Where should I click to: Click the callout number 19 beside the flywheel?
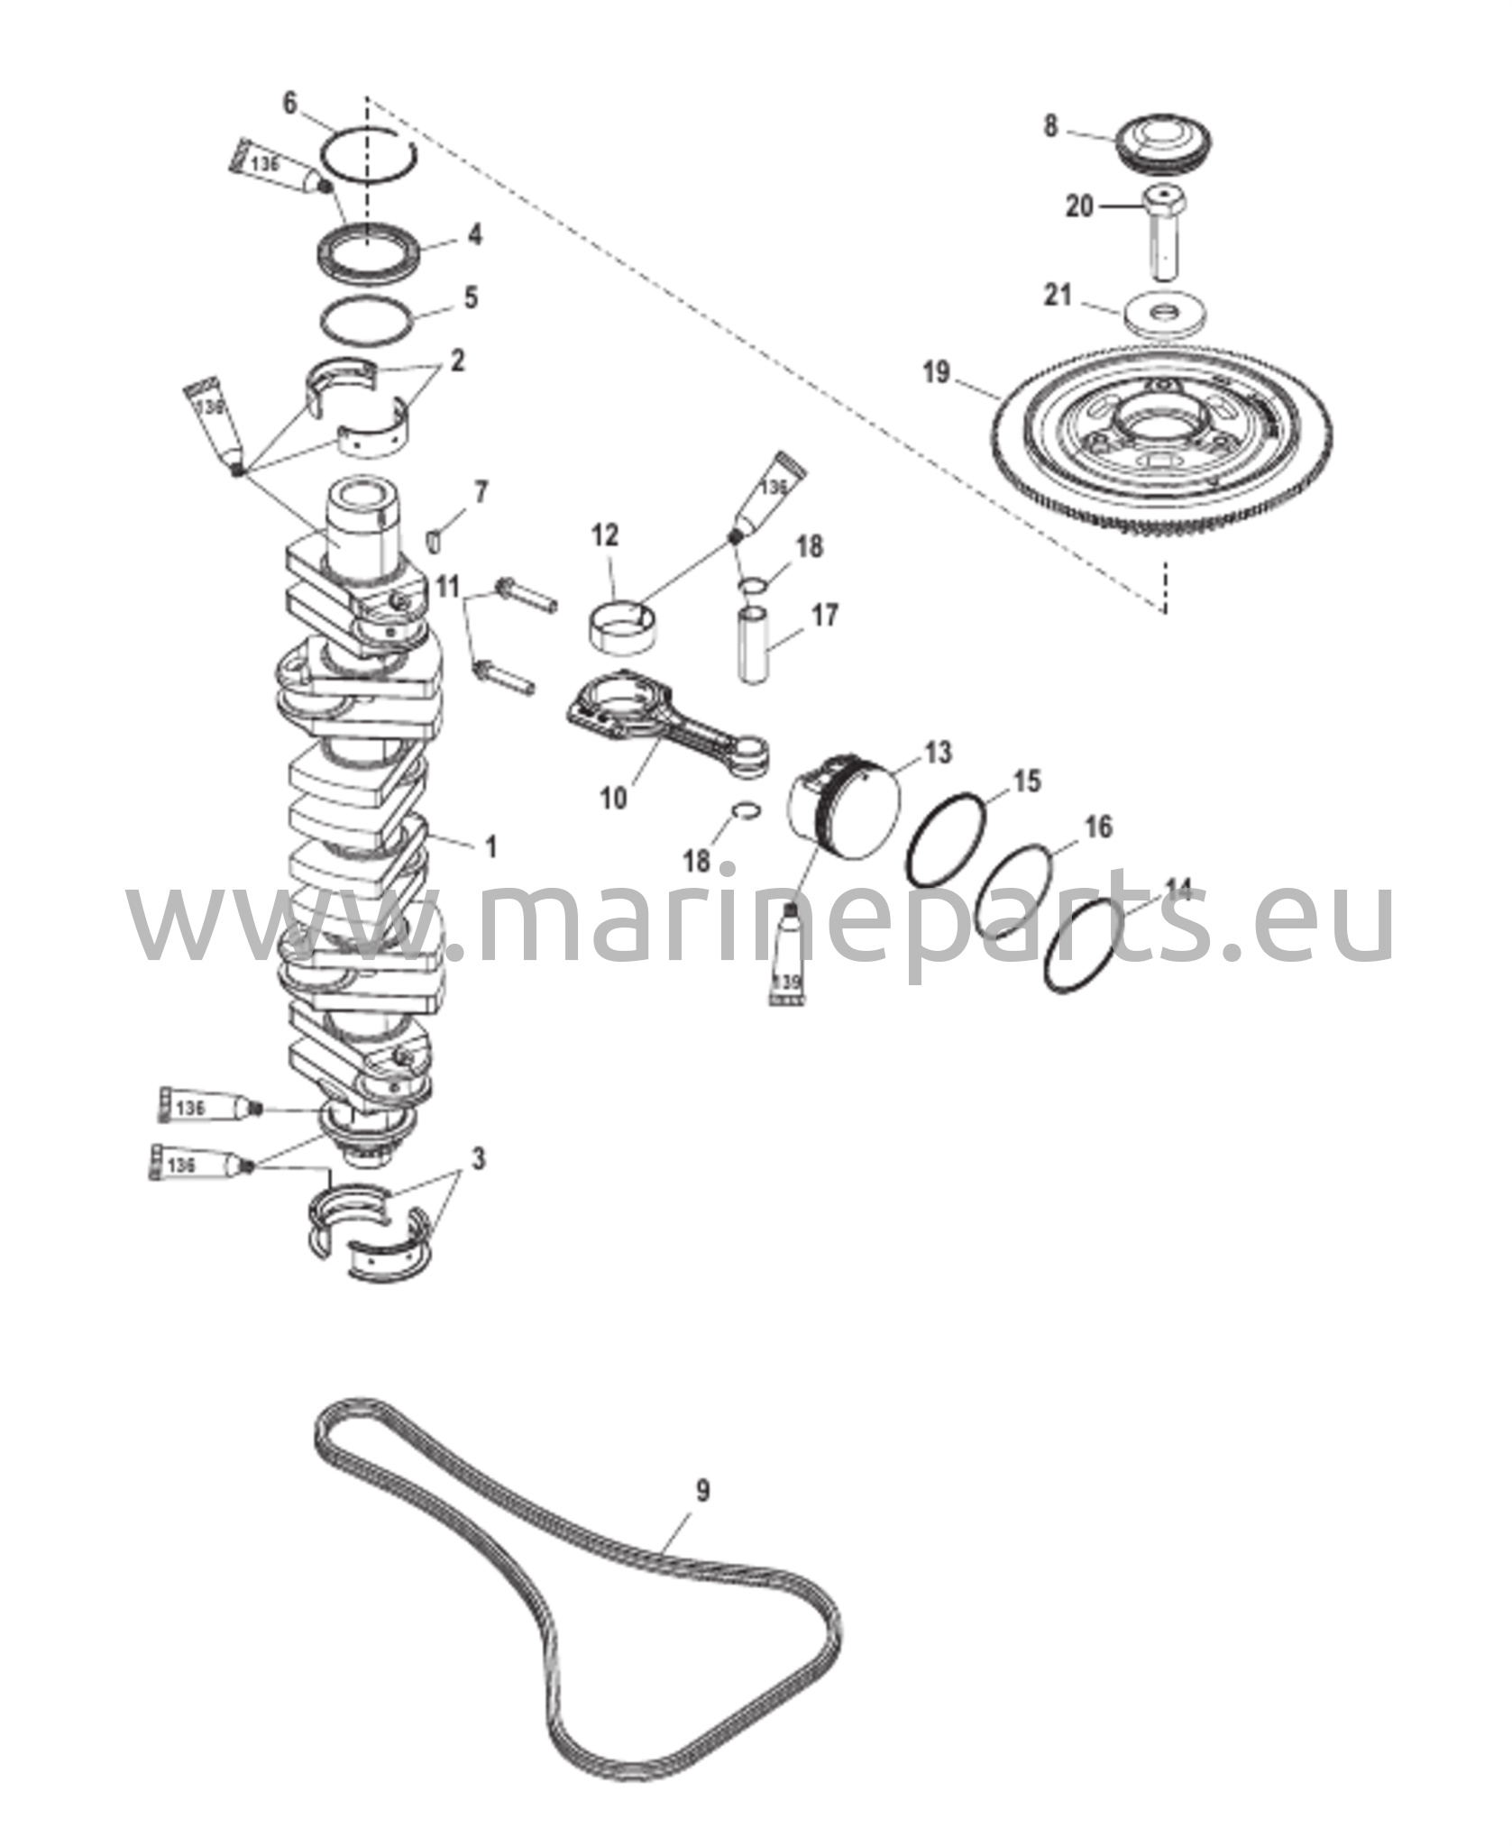[x=937, y=372]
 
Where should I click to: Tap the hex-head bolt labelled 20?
[x=1166, y=231]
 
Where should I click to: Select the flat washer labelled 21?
[x=1167, y=316]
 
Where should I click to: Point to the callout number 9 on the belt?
[x=702, y=1490]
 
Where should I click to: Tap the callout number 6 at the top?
[x=289, y=103]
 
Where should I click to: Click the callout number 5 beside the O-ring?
[x=471, y=297]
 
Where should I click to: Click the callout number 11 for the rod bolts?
[x=448, y=587]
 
